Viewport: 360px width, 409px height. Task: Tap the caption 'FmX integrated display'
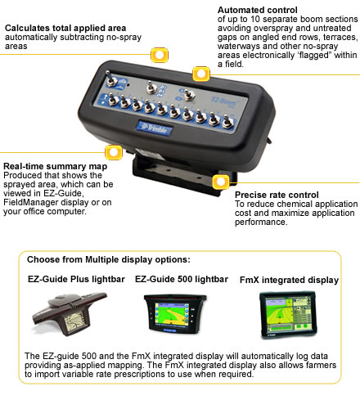point(289,279)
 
